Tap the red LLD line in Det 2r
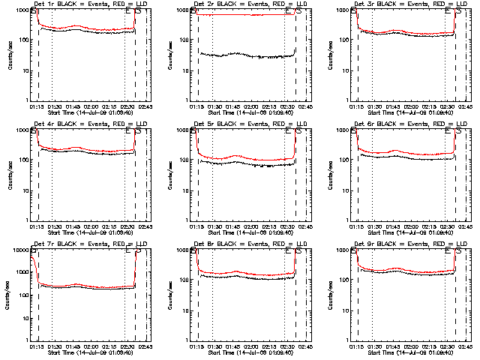(x=240, y=15)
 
